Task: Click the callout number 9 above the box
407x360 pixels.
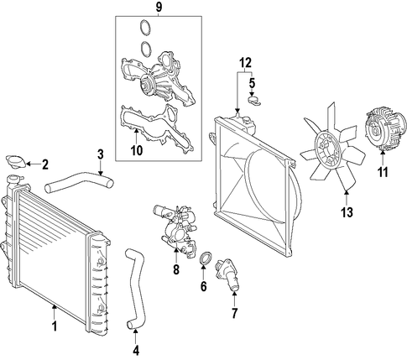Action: click(x=159, y=8)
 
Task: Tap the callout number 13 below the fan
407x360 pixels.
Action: click(x=347, y=212)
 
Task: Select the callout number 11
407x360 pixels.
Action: click(x=383, y=172)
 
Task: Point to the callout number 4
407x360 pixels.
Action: click(x=136, y=350)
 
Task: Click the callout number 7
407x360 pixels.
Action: click(x=234, y=314)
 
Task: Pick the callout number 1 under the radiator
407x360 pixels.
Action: click(x=55, y=326)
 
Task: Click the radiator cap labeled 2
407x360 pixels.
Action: click(x=16, y=161)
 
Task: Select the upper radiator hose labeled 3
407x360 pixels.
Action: click(x=79, y=183)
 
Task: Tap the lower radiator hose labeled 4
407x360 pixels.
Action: click(x=134, y=288)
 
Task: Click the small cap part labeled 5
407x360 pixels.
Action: click(x=254, y=101)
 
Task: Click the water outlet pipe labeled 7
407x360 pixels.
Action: click(x=228, y=275)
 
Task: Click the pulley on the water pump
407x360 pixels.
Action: click(x=146, y=83)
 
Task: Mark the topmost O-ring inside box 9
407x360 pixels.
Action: click(x=145, y=28)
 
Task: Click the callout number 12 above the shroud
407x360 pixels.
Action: click(x=245, y=63)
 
